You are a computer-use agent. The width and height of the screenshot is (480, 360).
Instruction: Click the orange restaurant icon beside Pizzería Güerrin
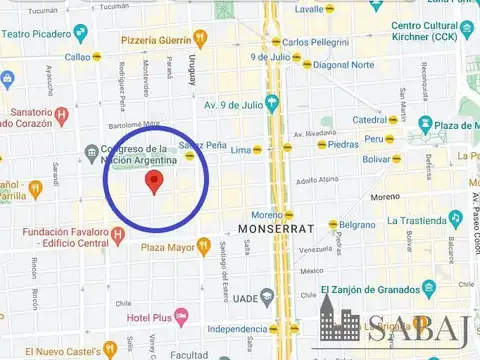pyautogui.click(x=201, y=38)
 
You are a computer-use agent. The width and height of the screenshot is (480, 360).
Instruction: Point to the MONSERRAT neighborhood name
pyautogui.click(x=270, y=229)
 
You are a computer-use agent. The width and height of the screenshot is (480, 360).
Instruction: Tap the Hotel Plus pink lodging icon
pyautogui.click(x=181, y=318)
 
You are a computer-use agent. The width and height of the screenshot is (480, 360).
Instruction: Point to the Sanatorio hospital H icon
pyautogui.click(x=62, y=115)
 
